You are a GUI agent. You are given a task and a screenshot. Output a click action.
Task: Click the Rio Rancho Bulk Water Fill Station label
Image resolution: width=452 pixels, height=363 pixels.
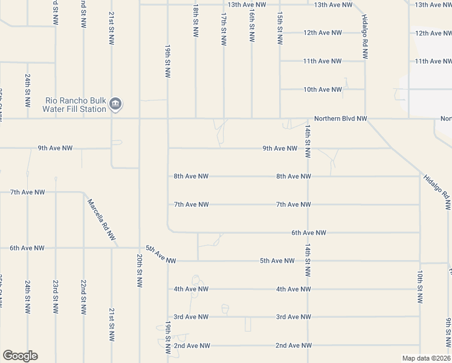point(75,105)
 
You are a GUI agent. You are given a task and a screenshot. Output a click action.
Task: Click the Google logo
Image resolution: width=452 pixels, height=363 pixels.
point(20,356)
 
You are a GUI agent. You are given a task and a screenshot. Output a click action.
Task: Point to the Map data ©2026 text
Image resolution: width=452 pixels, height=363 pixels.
point(426,358)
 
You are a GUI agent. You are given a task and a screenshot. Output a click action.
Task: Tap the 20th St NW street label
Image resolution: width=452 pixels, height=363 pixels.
point(140,273)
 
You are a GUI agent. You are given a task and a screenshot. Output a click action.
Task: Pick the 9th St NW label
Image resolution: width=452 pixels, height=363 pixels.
point(448,333)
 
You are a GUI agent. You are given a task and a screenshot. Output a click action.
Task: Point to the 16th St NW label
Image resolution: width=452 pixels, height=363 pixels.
point(251,28)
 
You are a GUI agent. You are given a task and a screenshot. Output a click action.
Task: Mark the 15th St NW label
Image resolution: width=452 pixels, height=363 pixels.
point(279,28)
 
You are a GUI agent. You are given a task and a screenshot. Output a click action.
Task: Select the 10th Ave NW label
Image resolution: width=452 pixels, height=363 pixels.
point(323,90)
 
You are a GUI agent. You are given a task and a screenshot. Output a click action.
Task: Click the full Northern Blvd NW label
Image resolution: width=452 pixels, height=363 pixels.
point(340,119)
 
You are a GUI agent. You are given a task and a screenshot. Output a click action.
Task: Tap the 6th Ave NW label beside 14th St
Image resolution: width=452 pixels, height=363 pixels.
point(308,232)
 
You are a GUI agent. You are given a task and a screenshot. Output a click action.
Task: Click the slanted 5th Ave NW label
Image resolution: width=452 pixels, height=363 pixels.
point(160,254)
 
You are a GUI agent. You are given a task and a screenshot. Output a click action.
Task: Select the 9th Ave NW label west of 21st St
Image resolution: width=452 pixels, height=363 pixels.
point(55,148)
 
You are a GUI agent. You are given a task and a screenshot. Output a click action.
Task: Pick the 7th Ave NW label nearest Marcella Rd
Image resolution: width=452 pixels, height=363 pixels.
point(27,192)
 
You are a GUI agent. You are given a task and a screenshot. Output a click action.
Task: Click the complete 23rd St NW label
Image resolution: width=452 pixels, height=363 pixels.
point(56,296)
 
